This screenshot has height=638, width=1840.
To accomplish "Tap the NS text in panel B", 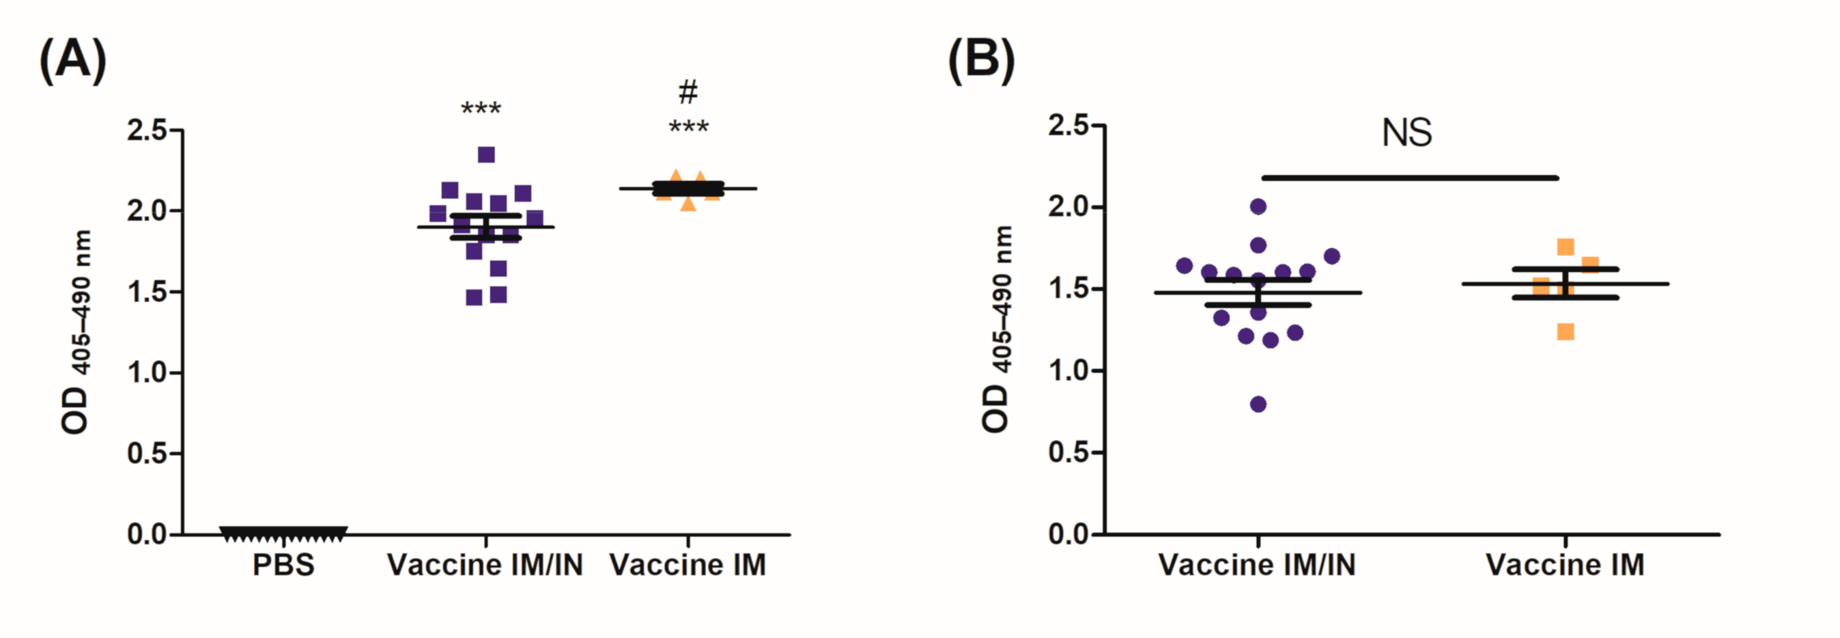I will tap(1406, 133).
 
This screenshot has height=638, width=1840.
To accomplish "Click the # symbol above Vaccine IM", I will tap(687, 92).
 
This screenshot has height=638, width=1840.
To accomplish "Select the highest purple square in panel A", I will tap(486, 155).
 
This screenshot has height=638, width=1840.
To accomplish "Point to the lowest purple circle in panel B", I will tap(1258, 404).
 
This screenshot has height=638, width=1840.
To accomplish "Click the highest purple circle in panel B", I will tap(1258, 207).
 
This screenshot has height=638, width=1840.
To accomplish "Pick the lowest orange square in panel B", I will tap(1565, 331).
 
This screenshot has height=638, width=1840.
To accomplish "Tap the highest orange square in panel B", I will tap(1565, 247).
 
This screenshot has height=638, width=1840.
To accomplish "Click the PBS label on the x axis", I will tap(283, 565).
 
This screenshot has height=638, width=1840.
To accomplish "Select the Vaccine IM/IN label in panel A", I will tap(485, 565).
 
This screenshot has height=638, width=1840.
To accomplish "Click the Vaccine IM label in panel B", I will tap(1565, 565).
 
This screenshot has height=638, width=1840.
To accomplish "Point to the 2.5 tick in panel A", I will tap(155, 130).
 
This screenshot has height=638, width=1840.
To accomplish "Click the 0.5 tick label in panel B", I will tap(1068, 452).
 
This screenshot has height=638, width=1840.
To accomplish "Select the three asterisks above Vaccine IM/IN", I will tap(481, 109).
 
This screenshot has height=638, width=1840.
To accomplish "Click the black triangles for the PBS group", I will tap(283, 533).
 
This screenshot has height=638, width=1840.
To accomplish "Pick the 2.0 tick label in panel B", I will tap(1068, 207).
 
